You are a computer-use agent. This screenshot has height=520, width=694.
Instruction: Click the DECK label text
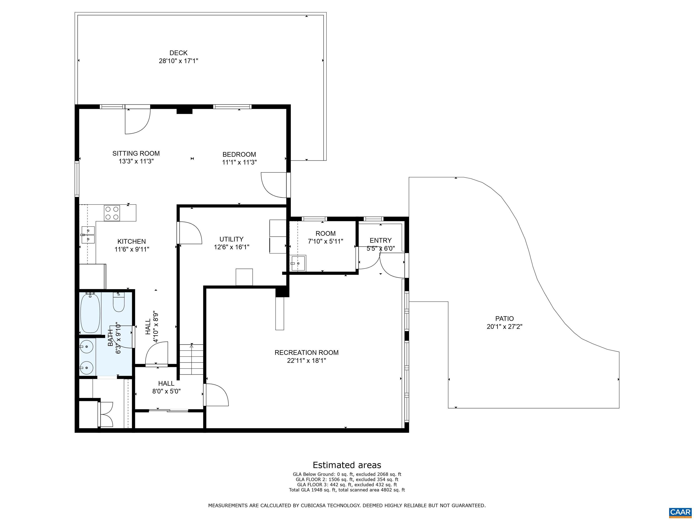pyautogui.click(x=178, y=53)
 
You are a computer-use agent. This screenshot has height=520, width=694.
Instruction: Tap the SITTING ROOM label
pyautogui.click(x=136, y=153)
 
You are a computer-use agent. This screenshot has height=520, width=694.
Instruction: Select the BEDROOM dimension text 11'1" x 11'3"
pyautogui.click(x=239, y=162)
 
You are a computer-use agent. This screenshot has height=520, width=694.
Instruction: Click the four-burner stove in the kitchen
pyautogui.click(x=112, y=213)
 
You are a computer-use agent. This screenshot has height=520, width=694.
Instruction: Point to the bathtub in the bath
pyautogui.click(x=90, y=313)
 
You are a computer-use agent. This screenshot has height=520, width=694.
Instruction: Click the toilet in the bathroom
pyautogui.click(x=119, y=302)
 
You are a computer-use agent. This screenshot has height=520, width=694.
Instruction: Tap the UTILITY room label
pyautogui.click(x=232, y=239)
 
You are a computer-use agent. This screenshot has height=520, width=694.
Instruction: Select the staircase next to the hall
pyautogui.click(x=191, y=359)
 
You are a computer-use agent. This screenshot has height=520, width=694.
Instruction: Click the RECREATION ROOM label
pyautogui.click(x=307, y=353)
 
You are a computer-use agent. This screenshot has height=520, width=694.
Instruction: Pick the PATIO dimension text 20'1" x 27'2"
pyautogui.click(x=504, y=327)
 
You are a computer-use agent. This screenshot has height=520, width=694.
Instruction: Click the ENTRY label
pyautogui.click(x=381, y=240)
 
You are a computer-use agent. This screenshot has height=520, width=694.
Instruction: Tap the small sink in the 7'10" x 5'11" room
pyautogui.click(x=298, y=263)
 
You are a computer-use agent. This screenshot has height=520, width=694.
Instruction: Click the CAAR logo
pyautogui.click(x=680, y=512)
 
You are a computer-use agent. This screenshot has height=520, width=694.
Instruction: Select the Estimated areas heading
pyautogui.click(x=347, y=465)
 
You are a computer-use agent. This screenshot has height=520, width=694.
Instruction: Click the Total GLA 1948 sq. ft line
pyautogui.click(x=347, y=490)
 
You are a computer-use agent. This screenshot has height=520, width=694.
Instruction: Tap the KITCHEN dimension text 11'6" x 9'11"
pyautogui.click(x=132, y=249)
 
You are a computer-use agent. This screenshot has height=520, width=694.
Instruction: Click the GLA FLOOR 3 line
pyautogui.click(x=347, y=485)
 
